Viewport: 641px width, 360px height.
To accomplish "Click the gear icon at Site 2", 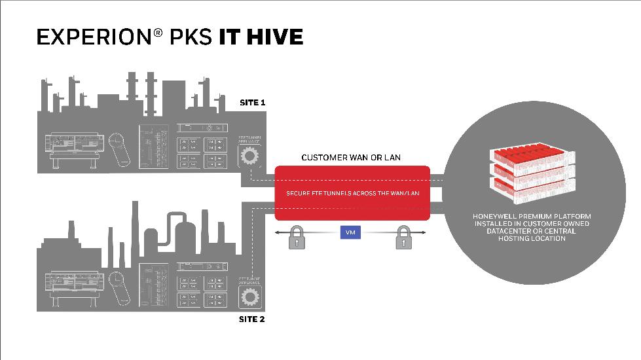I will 249,297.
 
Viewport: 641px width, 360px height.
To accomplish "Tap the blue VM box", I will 350,232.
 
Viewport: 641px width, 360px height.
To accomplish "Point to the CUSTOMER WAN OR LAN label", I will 351,158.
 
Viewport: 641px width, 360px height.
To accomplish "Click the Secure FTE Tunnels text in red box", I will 352,193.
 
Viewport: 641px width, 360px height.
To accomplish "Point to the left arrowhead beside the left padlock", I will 278,232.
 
